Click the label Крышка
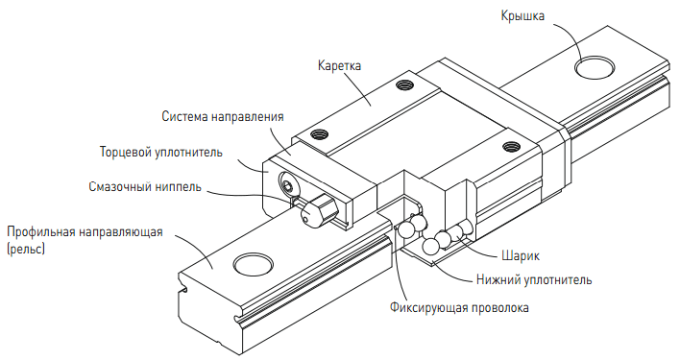pos(522,16)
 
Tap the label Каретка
pos(339,66)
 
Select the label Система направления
pos(223,117)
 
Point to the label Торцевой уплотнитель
pos(161,153)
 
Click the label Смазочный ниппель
pos(145,186)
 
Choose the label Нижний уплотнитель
pos(534,280)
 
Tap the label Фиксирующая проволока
pos(459,307)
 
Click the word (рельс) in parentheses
pos(26,250)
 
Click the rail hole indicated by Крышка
pos(595,67)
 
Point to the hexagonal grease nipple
pos(320,209)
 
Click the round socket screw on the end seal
pos(287,186)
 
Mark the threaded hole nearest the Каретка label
pos(404,84)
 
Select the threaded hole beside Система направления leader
pos(319,134)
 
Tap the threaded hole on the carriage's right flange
pos(510,147)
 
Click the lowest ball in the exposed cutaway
pos(430,247)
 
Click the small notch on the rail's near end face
pos(185,288)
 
